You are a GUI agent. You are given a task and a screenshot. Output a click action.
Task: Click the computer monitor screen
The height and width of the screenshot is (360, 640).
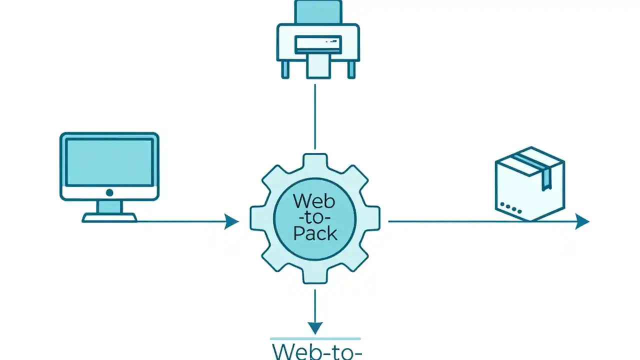coord(109,162)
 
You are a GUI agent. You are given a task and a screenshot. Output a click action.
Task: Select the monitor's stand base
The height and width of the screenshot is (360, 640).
coord(109,217)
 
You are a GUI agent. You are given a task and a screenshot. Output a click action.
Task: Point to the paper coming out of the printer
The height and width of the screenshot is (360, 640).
coord(318,67)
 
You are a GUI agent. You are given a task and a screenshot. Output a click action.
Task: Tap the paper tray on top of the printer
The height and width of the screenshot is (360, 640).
coord(318,11)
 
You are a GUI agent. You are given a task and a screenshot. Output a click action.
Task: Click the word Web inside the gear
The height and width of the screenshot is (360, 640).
coord(313,201)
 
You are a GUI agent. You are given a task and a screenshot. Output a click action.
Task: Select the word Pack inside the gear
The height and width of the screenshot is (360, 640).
coord(315,233)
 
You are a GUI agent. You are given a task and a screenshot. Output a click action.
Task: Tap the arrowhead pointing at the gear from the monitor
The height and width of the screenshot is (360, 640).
coord(231,221)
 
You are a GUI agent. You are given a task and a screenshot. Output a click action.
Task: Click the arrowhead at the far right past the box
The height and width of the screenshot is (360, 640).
coord(582,221)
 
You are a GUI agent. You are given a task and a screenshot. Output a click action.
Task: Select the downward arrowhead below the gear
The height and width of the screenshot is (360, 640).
coord(315,327)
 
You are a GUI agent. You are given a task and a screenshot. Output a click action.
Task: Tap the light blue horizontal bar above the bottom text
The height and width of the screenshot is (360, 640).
coord(315,338)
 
